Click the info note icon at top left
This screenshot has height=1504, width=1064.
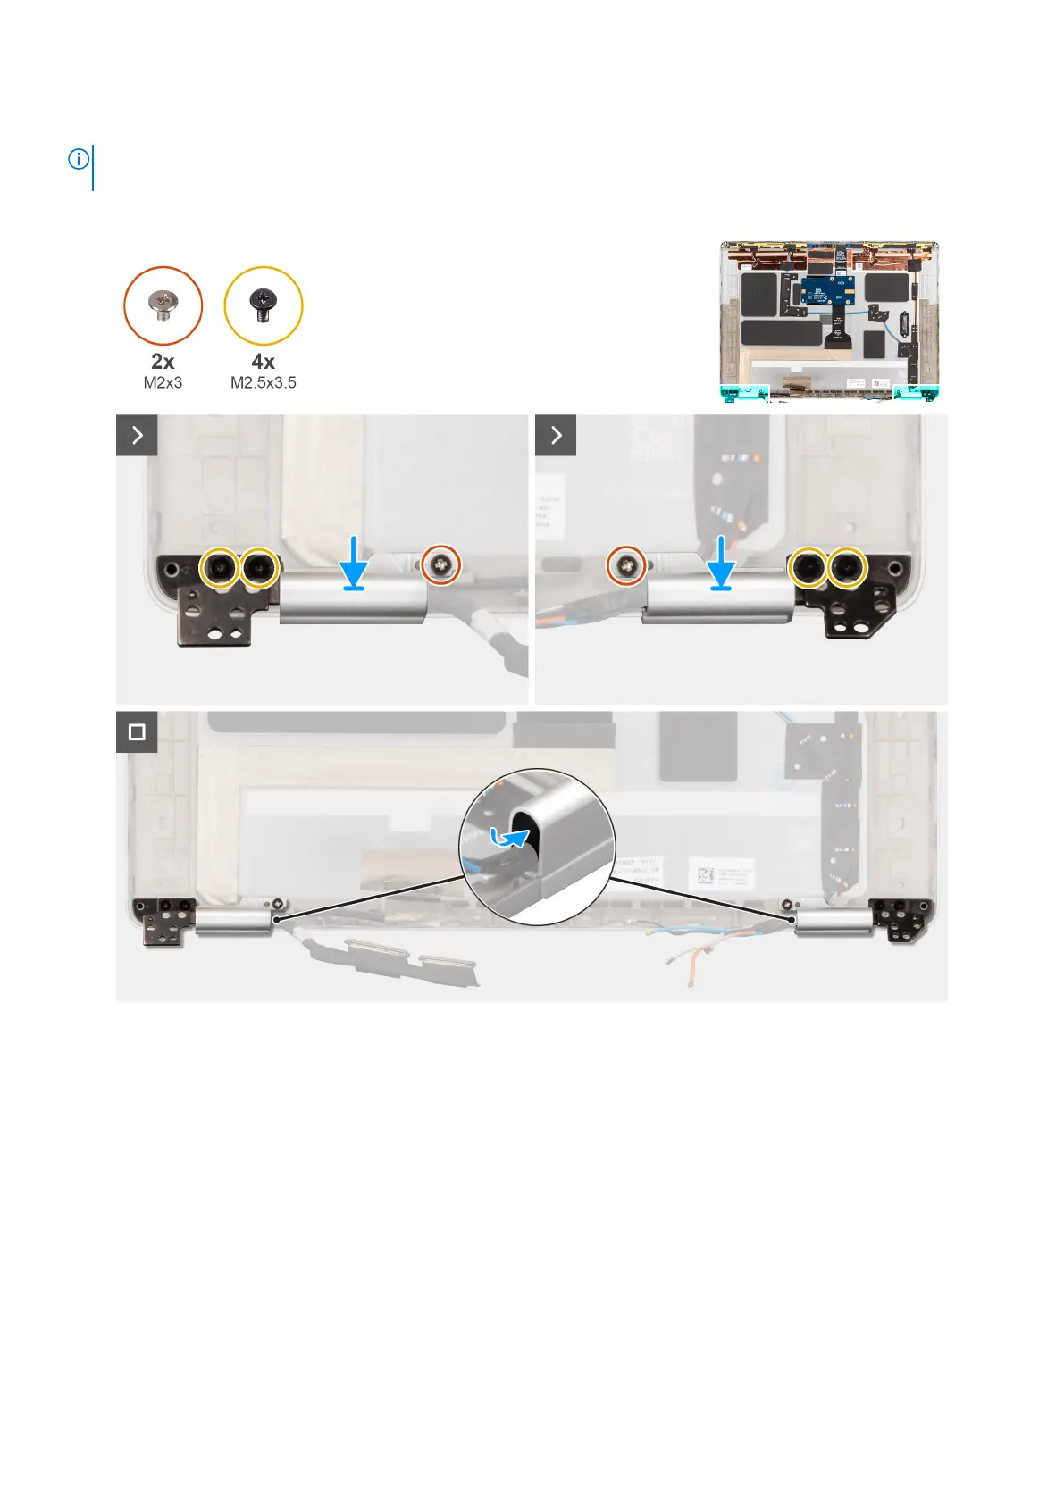(x=79, y=160)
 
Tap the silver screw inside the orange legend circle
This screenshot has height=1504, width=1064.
(x=163, y=305)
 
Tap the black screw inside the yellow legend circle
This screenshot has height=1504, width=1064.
(x=263, y=305)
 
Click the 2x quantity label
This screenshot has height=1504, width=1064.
(x=163, y=362)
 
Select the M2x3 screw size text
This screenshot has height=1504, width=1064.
(x=163, y=382)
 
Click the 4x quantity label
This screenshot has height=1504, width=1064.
(x=263, y=362)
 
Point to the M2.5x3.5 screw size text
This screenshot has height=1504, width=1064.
(x=263, y=382)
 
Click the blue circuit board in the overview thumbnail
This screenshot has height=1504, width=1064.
(x=827, y=289)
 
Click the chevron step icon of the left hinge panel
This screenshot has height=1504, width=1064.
(x=137, y=435)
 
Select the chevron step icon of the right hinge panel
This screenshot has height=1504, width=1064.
(x=556, y=435)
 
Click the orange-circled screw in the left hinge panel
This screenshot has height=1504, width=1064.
(x=441, y=564)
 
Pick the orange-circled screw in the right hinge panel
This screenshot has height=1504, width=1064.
(x=627, y=564)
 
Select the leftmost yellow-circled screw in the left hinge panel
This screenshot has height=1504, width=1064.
(x=219, y=566)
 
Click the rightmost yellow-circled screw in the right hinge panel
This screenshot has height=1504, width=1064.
(x=847, y=566)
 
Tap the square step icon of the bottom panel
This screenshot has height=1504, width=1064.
(x=137, y=732)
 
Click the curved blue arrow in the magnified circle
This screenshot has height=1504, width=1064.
(x=510, y=838)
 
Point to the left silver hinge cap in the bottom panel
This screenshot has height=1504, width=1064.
(x=233, y=922)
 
